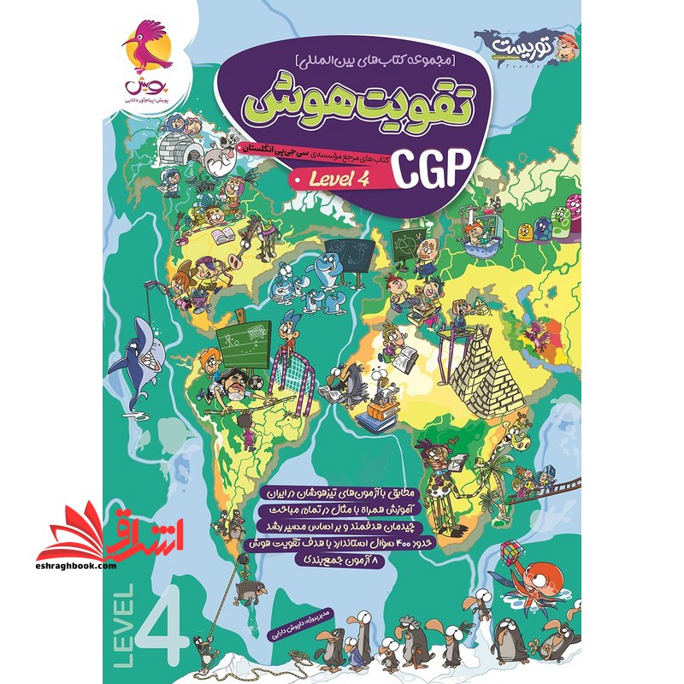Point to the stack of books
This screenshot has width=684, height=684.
click(x=375, y=418)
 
